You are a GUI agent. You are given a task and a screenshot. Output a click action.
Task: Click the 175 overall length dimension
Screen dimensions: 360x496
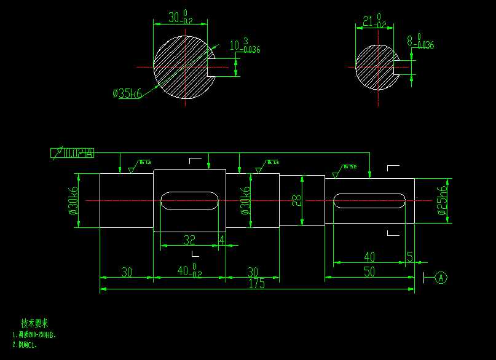tap(257, 283)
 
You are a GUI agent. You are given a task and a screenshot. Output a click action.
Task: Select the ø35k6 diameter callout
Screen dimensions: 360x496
tap(127, 93)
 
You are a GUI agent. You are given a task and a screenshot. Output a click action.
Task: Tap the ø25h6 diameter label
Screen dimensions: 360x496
tap(441, 201)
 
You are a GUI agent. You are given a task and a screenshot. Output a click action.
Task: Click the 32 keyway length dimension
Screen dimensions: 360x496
tap(189, 240)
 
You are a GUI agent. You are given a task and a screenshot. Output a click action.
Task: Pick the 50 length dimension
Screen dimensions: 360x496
tap(369, 272)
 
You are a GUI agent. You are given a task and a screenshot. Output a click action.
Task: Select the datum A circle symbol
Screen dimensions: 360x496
tap(441, 278)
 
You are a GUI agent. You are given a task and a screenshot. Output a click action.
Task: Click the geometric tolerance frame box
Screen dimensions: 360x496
tap(73, 153)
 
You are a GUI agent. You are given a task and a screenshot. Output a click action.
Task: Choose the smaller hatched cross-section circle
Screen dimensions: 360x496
tap(376, 66)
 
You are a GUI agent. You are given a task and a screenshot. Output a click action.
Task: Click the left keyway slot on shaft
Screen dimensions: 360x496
tap(190, 201)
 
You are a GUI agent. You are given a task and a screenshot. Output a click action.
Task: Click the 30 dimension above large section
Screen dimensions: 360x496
tap(178, 18)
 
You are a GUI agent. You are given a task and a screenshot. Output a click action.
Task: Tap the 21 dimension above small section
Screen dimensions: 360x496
tap(369, 22)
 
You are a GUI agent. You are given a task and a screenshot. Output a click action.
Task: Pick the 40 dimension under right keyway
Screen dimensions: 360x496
tap(369, 256)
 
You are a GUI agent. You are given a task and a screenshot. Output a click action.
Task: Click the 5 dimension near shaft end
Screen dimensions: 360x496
tap(410, 256)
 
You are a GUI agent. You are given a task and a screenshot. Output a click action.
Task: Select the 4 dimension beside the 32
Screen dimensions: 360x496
tap(221, 240)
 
